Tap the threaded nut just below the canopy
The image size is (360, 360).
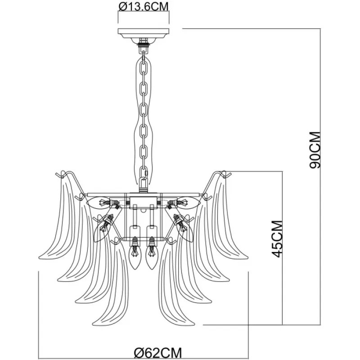(x=144, y=45)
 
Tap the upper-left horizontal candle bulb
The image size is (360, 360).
(x=102, y=203)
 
